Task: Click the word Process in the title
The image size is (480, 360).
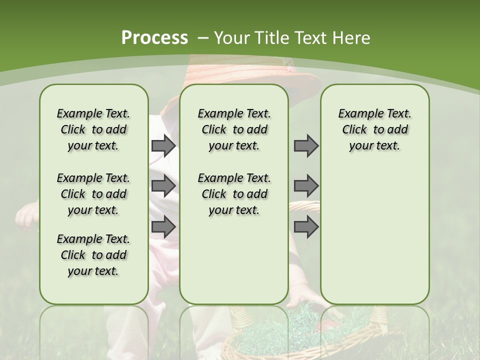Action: [154, 37]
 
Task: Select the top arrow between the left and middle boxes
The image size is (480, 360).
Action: [163, 145]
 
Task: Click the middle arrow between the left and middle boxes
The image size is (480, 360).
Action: [163, 186]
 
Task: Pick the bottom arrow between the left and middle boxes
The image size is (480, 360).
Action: [163, 226]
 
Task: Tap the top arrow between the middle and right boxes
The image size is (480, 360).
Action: [306, 145]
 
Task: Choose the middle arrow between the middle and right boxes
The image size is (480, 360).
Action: [306, 186]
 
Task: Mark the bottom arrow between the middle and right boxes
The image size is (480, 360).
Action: [306, 226]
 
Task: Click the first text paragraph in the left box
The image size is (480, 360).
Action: [93, 129]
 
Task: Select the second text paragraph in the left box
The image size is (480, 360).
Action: [93, 194]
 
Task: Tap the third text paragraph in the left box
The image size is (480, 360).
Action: [93, 255]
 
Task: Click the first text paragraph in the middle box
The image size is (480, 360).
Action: [234, 129]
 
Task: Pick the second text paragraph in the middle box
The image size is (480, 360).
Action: [234, 194]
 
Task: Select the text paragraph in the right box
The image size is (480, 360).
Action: [374, 129]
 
